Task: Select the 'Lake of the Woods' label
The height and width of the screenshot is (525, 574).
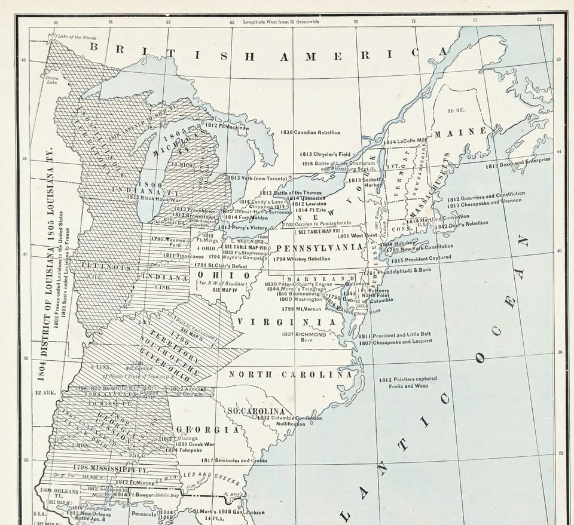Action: coord(77,37)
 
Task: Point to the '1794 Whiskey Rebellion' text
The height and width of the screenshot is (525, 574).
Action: coord(301,259)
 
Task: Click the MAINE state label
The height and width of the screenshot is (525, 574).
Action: coord(461,131)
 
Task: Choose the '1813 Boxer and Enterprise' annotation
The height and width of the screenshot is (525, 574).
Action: coord(517,164)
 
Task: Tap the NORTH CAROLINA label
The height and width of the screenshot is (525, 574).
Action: coord(291,374)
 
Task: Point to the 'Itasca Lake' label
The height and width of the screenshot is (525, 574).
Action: coord(52,79)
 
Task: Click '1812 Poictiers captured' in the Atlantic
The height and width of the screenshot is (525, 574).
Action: coord(408,379)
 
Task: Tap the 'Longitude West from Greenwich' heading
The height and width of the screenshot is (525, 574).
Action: coord(281,22)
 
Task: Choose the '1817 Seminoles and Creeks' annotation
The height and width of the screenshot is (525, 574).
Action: coord(234,460)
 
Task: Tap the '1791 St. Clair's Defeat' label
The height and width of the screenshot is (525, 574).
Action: coord(219,265)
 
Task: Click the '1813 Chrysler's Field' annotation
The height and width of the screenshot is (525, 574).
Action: coord(325,154)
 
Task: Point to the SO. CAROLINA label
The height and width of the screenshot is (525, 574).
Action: coord(256,412)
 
